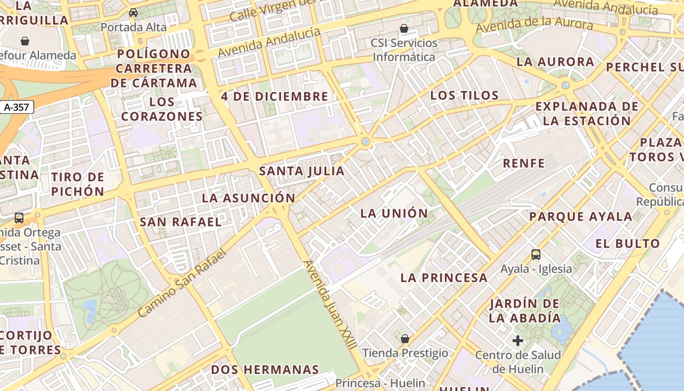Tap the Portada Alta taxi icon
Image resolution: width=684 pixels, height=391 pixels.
[133, 13]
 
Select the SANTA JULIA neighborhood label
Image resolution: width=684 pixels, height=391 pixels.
[301, 171]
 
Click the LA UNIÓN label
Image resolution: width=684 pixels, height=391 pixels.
[394, 213]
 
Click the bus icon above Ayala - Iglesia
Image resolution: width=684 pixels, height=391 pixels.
[536, 254]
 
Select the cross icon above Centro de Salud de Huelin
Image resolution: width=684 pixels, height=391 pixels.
[518, 340]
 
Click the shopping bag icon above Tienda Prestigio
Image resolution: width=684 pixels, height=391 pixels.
[405, 338]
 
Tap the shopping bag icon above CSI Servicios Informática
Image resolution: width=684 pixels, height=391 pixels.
[404, 28]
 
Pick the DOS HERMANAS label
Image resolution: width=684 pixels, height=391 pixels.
[265, 369]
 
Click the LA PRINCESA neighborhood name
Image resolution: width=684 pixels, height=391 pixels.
[444, 278]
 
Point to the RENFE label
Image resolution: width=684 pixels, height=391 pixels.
[524, 163]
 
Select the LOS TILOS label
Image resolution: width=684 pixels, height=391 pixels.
[464, 95]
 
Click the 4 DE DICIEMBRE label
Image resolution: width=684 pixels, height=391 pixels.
[275, 96]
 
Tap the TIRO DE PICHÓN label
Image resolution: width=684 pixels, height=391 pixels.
[78, 184]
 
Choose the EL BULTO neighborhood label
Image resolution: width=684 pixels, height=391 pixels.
[627, 243]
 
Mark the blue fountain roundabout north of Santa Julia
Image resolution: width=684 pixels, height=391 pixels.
[365, 142]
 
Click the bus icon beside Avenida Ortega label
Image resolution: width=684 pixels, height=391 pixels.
[19, 218]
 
